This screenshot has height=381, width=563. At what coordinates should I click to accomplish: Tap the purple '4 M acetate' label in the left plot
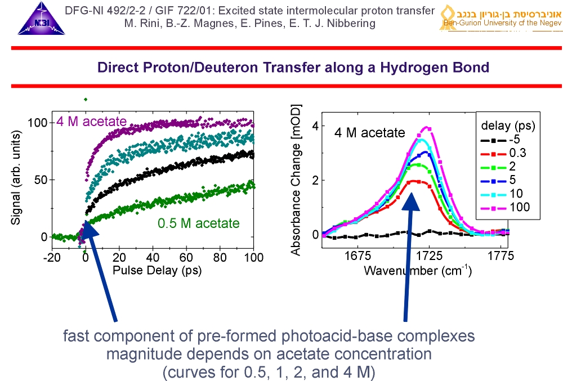(91, 120)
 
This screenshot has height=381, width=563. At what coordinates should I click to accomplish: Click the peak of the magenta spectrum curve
(427, 128)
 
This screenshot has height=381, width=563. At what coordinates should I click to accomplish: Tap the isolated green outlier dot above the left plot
(86, 99)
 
